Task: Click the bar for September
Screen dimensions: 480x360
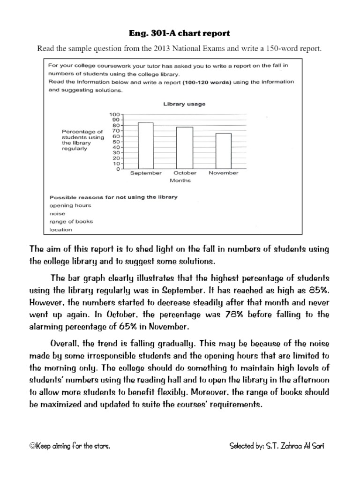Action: point(146,146)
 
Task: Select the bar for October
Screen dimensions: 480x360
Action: point(185,148)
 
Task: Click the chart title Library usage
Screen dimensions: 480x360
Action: point(184,104)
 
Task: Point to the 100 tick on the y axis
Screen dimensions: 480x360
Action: point(115,114)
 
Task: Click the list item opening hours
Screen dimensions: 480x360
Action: point(70,205)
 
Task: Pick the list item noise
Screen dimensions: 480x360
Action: point(58,213)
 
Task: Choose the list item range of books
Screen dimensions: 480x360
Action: point(71,221)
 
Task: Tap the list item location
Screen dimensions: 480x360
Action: point(61,230)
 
